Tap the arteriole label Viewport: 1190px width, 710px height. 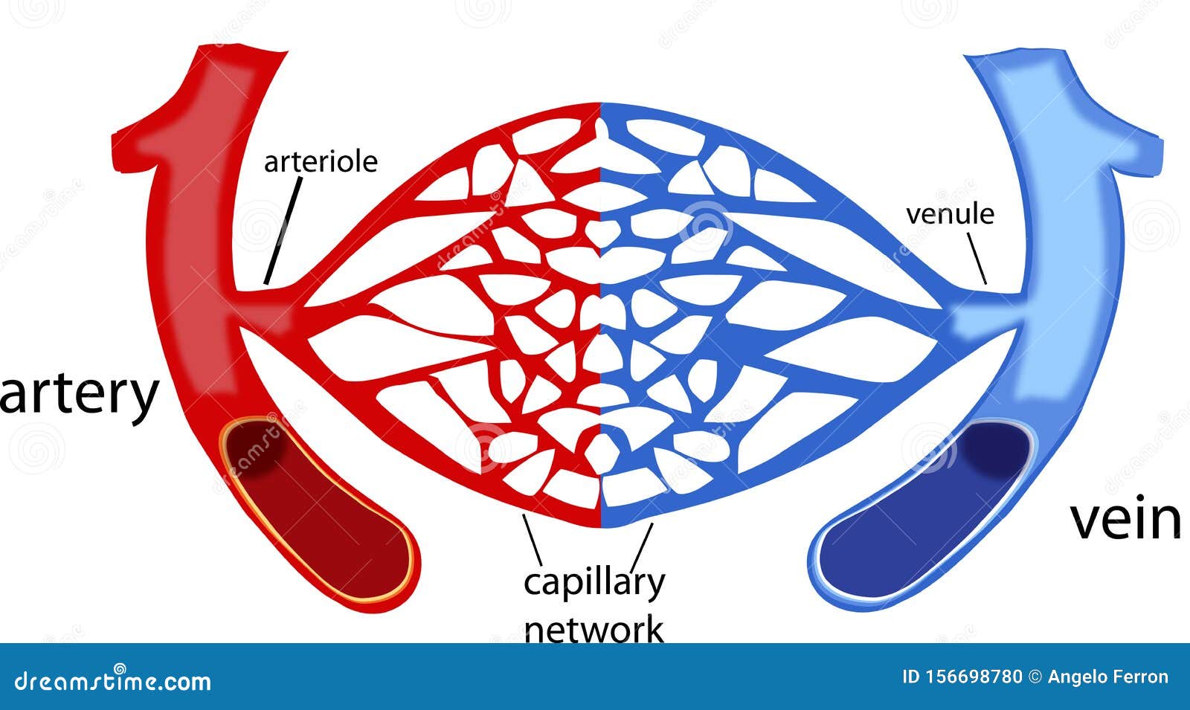coord(321,161)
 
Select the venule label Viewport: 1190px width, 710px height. coord(950,214)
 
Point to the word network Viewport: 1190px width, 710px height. coord(594,630)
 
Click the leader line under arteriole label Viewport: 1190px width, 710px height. coord(283,230)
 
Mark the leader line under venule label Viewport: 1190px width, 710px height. coord(977,258)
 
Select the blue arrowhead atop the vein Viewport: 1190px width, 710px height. coord(1063,106)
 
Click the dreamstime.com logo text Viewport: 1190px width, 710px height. coord(112,680)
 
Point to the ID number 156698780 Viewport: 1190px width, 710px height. coord(962,677)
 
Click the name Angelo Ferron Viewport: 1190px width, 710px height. coord(1108,677)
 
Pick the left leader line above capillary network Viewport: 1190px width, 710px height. coord(533,540)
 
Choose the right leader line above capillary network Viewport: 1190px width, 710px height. coord(641,547)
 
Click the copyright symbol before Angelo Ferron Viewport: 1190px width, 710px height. coord(1035,677)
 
